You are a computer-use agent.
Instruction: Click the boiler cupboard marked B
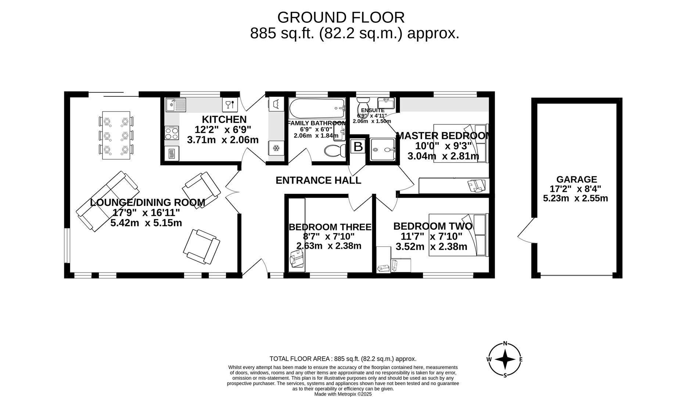[358, 146]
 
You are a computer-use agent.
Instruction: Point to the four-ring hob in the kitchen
[172, 133]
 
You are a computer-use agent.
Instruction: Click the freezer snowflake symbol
[276, 149]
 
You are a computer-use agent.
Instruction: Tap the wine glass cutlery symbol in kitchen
[229, 105]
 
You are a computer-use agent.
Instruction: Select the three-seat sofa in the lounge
[108, 201]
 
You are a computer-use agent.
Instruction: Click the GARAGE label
[576, 179]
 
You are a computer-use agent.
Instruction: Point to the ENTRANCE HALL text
[318, 180]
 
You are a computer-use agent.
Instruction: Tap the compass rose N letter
[505, 344]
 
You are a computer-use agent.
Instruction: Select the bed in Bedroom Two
[458, 235]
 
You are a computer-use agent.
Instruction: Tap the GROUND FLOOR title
[341, 18]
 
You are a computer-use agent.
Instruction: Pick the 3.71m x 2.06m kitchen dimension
[223, 140]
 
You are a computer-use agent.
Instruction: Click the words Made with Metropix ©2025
[343, 394]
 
